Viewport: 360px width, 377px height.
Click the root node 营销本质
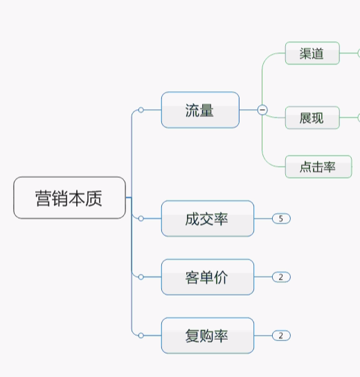coord(69,198)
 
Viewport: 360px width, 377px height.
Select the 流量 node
coord(200,110)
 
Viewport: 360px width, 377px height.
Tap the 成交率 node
coord(207,219)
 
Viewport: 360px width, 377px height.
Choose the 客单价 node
coord(207,277)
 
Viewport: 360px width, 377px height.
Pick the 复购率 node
coord(207,335)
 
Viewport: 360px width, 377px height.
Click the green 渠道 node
coord(312,53)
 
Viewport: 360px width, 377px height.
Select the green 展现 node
coord(312,118)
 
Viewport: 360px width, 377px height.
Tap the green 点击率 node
coord(318,167)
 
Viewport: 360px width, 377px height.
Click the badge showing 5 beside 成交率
coord(281,219)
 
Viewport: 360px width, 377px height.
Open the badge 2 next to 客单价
coord(281,277)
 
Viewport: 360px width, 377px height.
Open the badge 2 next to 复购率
coord(281,335)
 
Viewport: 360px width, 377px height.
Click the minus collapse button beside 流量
coord(262,110)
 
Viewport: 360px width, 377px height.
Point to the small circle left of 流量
coord(141,110)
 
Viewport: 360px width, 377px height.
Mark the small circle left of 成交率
coord(141,219)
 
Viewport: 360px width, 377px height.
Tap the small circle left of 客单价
coord(141,277)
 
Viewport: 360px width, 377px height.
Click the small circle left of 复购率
coord(141,335)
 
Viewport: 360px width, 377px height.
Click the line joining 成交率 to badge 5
coord(263,219)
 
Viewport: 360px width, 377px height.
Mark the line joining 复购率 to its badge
coord(263,335)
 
